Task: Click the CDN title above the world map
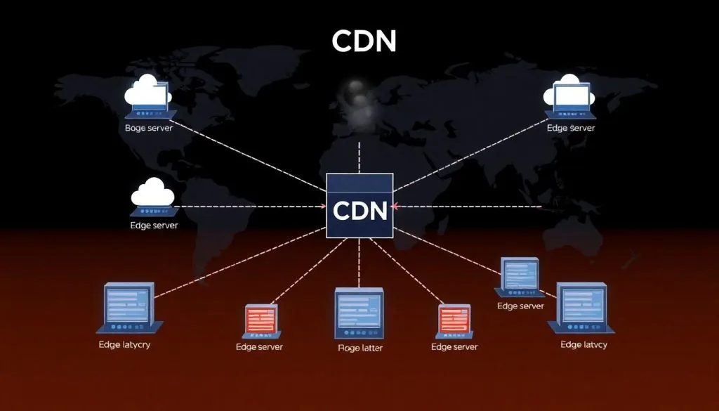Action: tap(364, 41)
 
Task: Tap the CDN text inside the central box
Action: tap(360, 210)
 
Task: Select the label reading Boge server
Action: tap(149, 128)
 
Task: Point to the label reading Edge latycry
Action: tap(125, 345)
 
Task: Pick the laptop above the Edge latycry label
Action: tap(128, 307)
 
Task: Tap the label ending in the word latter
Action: tap(359, 347)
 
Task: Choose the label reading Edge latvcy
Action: tap(583, 345)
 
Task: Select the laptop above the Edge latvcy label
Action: tap(581, 308)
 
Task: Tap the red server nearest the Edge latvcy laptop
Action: tap(454, 320)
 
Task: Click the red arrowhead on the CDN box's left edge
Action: tap(324, 207)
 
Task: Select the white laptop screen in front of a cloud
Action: tap(572, 96)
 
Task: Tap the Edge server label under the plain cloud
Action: tap(154, 226)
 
